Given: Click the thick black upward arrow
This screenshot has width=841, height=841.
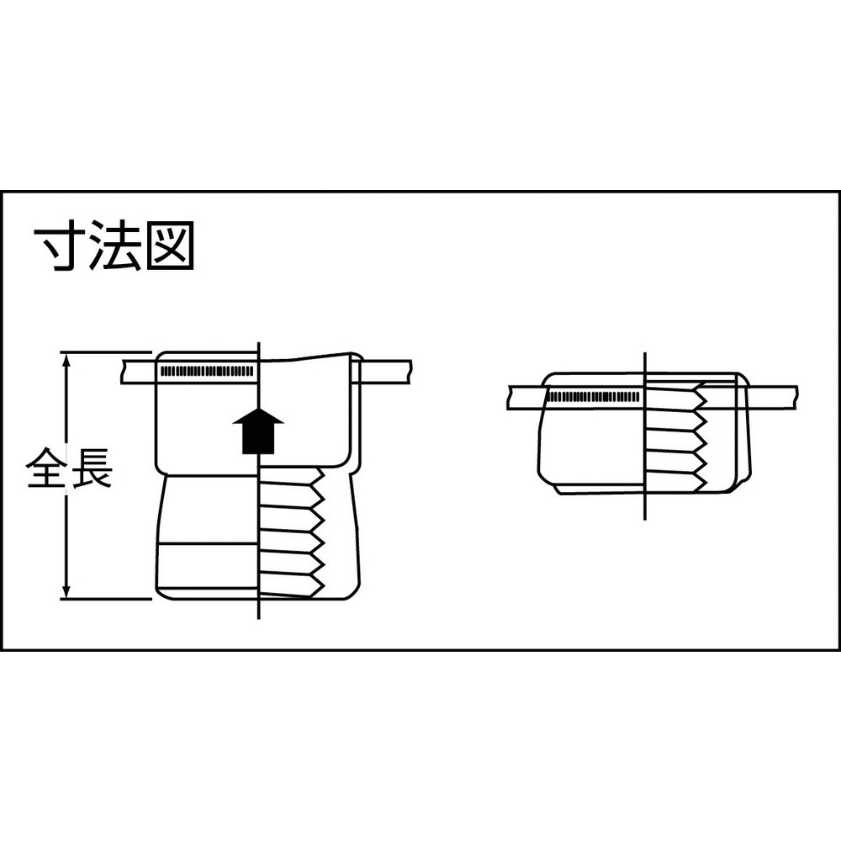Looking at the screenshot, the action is (258, 430).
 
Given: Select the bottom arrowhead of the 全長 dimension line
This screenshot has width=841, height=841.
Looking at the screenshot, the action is (66, 591).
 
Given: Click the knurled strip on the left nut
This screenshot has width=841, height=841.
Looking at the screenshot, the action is (207, 371).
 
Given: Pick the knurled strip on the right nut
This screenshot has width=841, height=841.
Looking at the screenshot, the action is (594, 397).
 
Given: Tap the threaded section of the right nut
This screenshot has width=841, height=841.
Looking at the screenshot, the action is (676, 436).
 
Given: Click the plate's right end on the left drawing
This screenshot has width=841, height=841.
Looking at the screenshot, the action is (410, 371).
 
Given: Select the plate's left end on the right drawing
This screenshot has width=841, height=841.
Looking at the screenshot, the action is (509, 398).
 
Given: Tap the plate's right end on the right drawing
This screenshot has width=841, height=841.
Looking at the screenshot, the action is (796, 398).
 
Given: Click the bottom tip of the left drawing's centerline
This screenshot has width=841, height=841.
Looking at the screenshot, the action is (258, 619).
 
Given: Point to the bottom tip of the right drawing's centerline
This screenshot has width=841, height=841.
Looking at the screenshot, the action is (645, 519).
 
